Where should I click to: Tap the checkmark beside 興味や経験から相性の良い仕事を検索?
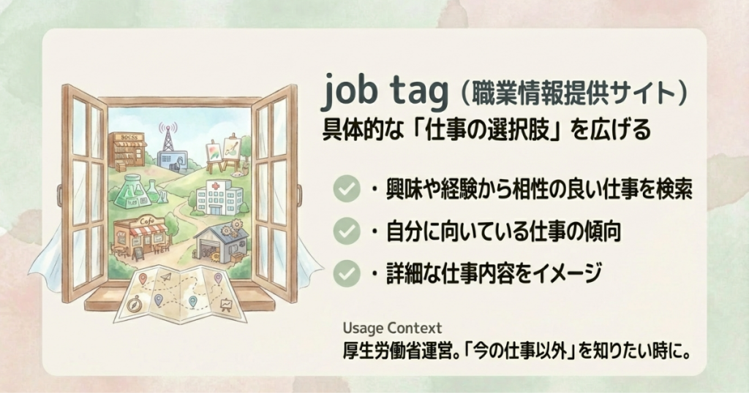[x=346, y=188]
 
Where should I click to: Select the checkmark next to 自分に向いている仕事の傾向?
[x=346, y=232]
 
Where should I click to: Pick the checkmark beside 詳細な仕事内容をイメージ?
[x=346, y=273]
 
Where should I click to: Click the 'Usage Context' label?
[x=392, y=328]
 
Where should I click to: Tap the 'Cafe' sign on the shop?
[x=146, y=221]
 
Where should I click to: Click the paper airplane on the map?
[x=165, y=277]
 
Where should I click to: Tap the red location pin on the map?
[x=143, y=278]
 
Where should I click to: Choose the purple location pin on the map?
[x=218, y=278]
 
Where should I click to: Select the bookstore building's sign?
[x=129, y=137]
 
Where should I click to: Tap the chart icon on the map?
[x=226, y=304]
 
